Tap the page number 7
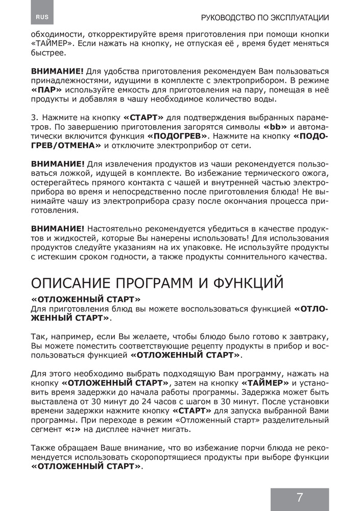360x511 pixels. coord(299,497)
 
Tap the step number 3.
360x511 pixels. coord(34,118)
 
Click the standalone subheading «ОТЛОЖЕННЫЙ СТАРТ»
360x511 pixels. coord(86,298)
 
